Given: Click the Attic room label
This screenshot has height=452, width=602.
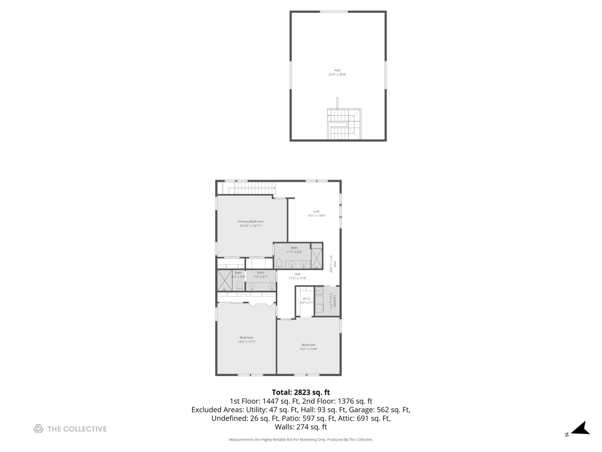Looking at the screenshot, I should [x=337, y=70].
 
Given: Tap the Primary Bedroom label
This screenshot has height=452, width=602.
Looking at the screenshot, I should [x=250, y=221].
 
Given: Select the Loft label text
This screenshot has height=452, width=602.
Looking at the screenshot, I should [x=316, y=211].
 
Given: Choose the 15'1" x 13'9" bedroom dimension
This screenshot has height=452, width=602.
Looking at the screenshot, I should [x=309, y=349].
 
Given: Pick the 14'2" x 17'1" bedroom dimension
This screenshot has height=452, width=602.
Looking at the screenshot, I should [x=247, y=342].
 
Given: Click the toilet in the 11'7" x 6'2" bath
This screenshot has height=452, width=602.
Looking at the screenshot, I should [x=279, y=264].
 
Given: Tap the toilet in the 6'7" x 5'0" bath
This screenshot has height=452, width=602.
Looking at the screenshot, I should [x=239, y=286].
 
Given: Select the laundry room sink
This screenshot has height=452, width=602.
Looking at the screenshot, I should [x=319, y=290].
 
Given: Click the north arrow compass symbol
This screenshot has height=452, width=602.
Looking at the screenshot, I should [x=580, y=429].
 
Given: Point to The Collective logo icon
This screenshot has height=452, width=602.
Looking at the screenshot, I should [x=38, y=429].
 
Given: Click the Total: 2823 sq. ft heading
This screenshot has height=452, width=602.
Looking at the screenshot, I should [x=301, y=392].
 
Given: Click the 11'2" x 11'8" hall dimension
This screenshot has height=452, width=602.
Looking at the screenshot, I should [x=298, y=278].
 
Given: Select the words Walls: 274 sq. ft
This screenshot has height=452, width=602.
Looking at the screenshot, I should [x=301, y=427].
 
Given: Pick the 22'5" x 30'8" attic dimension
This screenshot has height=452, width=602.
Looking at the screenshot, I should [x=337, y=74].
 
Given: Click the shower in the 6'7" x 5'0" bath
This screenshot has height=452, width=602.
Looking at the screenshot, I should [x=224, y=280].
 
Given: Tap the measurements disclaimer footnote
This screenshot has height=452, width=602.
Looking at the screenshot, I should [x=301, y=439].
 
